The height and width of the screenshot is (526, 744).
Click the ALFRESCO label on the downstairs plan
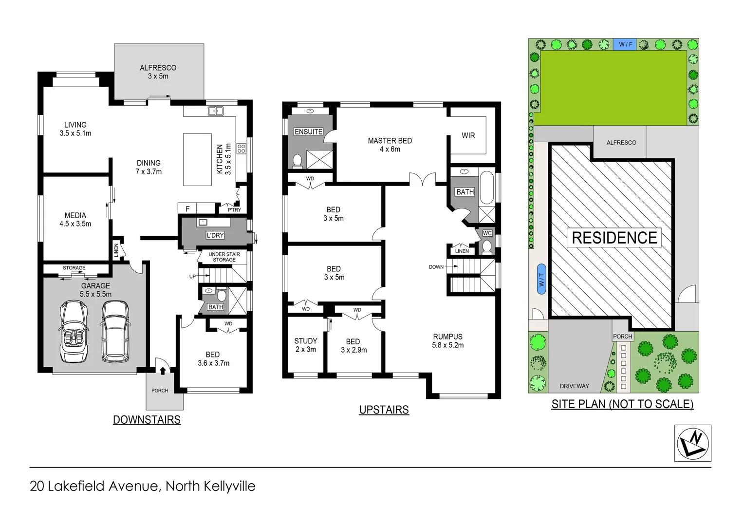[158, 68]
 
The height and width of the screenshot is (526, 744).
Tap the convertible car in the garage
[73, 331]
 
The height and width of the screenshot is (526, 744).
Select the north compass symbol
[692, 443]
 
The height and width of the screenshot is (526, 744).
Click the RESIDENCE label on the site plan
[614, 238]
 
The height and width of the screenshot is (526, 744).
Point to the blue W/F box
[625, 44]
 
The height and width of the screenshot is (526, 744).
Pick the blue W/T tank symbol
[541, 280]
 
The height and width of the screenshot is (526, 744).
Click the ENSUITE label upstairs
[308, 131]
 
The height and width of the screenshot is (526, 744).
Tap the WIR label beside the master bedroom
[468, 135]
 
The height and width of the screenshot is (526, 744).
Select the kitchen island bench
[197, 159]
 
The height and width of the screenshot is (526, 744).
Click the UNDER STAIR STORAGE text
[224, 257]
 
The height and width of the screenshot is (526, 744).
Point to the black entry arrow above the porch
[162, 371]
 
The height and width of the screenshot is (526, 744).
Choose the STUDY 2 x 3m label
[305, 345]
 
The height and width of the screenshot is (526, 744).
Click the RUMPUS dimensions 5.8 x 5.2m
[447, 345]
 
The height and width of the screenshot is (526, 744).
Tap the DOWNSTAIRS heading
[147, 420]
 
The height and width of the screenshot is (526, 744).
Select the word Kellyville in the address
[225, 486]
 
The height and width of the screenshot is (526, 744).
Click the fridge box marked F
[187, 209]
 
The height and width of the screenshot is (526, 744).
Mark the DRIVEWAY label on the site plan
[574, 386]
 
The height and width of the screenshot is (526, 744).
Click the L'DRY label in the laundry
[215, 235]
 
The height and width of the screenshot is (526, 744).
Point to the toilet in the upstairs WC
[486, 245]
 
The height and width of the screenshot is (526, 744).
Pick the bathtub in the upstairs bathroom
[486, 188]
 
